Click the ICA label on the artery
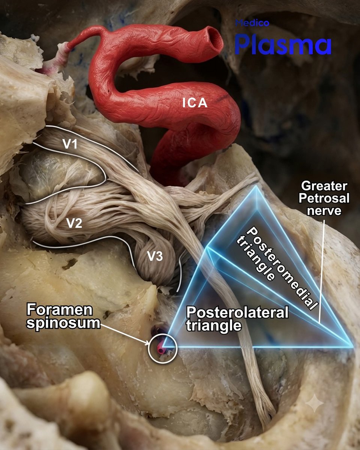click(195, 103)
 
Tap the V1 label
click(70, 144)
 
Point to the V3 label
click(154, 256)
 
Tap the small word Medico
click(252, 23)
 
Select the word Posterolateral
click(237, 313)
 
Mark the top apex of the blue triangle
click(255, 186)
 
